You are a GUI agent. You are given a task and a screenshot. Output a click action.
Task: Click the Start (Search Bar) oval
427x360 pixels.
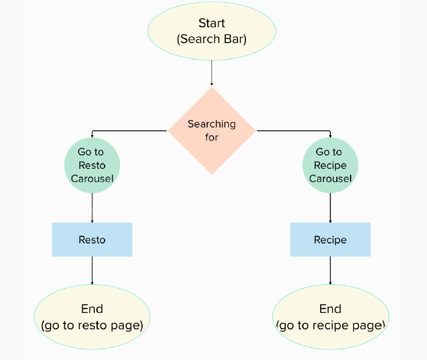(211, 31)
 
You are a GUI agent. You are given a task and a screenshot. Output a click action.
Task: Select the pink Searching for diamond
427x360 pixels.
(211, 131)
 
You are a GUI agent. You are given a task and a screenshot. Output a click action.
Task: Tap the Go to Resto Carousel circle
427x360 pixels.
(92, 165)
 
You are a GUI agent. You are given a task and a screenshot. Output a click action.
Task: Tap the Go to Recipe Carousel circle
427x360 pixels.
(330, 165)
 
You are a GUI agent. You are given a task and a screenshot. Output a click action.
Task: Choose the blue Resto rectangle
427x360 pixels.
(92, 239)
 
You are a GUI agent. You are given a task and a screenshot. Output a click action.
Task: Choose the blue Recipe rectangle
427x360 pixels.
(330, 239)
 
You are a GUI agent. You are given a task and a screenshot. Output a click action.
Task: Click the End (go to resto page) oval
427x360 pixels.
(92, 317)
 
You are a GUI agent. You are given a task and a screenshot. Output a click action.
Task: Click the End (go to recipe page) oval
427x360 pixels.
(330, 317)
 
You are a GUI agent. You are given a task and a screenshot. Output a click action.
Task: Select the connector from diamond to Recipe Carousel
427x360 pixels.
(293, 131)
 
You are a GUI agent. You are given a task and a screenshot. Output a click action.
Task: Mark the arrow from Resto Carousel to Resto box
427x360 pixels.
(92, 207)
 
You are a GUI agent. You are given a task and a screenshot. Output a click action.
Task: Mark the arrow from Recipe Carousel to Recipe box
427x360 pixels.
(330, 207)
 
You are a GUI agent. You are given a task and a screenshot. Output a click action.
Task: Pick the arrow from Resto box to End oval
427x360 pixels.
(92, 270)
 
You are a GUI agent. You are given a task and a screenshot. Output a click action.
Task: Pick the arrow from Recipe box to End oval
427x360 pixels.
(330, 270)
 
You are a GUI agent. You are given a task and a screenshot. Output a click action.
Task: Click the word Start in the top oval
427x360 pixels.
(211, 24)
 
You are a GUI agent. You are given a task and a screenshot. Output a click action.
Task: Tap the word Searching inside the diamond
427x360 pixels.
(211, 124)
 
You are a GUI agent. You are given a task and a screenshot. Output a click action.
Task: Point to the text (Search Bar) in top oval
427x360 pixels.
(211, 39)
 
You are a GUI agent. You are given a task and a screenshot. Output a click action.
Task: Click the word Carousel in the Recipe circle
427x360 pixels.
(330, 179)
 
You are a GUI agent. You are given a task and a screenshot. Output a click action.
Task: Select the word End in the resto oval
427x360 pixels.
(92, 309)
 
